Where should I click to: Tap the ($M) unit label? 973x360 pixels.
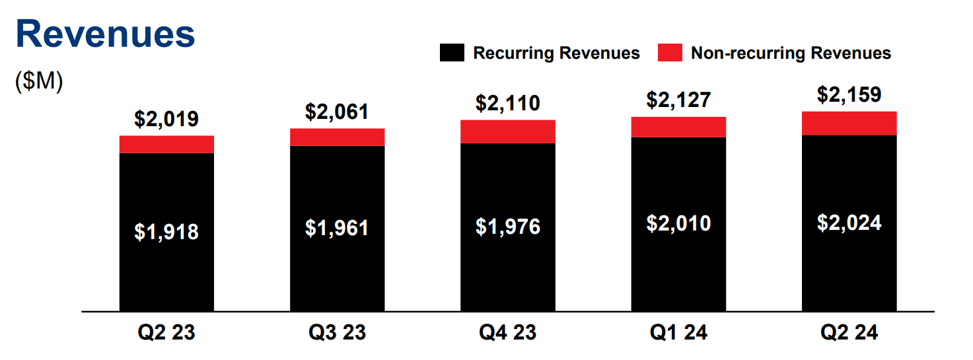click(x=39, y=82)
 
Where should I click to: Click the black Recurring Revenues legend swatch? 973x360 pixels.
click(x=452, y=54)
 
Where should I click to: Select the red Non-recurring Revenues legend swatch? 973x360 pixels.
click(x=669, y=54)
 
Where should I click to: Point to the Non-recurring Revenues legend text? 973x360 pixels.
click(x=791, y=54)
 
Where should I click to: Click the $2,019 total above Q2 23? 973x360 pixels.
click(x=166, y=119)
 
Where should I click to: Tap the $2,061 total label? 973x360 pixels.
click(x=337, y=112)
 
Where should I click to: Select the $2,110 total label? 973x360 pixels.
click(x=507, y=103)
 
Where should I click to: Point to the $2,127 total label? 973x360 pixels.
click(x=678, y=100)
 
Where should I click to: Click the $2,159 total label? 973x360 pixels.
click(x=849, y=94)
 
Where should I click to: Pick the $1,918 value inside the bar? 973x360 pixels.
click(x=166, y=232)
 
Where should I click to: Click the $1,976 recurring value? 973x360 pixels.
click(x=507, y=227)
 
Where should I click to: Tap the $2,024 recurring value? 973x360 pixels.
click(x=849, y=223)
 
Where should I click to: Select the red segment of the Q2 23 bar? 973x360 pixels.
click(x=166, y=144)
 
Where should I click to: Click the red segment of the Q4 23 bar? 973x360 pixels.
click(x=507, y=131)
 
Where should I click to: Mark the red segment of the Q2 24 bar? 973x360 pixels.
click(x=849, y=123)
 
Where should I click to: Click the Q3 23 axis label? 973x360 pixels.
click(x=337, y=332)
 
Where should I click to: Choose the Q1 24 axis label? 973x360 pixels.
click(x=678, y=332)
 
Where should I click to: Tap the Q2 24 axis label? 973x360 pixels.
click(x=849, y=332)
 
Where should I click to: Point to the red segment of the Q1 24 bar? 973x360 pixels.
click(x=678, y=127)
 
